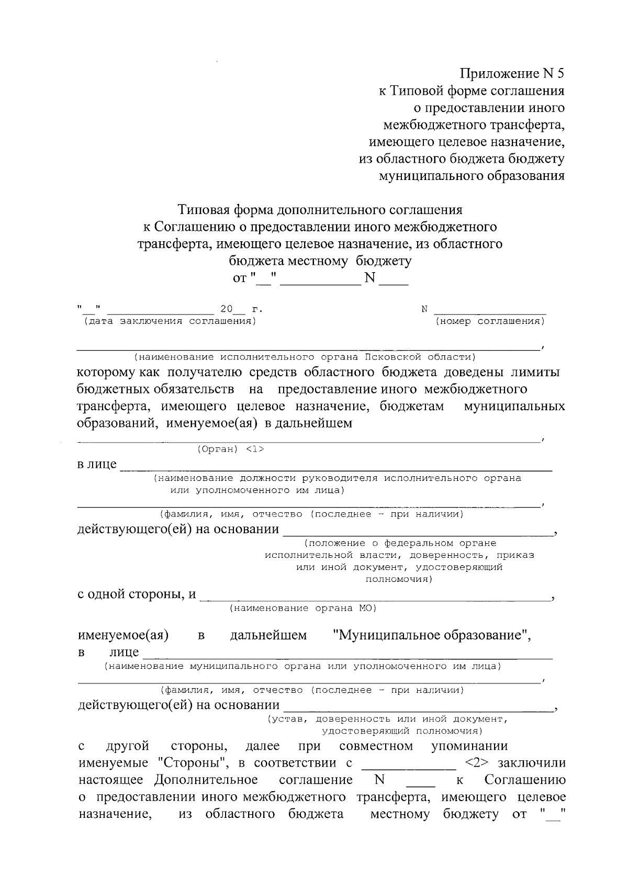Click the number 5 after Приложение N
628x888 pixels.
point(560,74)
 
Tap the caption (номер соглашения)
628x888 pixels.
point(490,321)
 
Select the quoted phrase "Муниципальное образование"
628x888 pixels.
point(432,635)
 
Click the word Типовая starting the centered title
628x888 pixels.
point(203,210)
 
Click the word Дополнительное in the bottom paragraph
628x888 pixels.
point(206,780)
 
